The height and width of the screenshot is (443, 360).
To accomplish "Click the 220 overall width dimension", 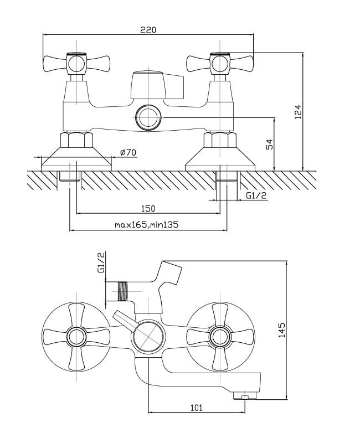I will coord(148,30).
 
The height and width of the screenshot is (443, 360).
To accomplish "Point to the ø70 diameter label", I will coord(128,153).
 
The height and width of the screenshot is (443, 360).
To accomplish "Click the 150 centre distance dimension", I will coord(148,208).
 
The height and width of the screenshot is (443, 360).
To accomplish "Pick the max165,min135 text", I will coord(148,225).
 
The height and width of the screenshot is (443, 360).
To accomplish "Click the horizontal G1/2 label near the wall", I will coord(255,194).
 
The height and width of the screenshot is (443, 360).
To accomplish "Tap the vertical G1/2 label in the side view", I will coord(101,263).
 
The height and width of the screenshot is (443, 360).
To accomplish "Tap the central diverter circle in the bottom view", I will coord(147,336).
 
